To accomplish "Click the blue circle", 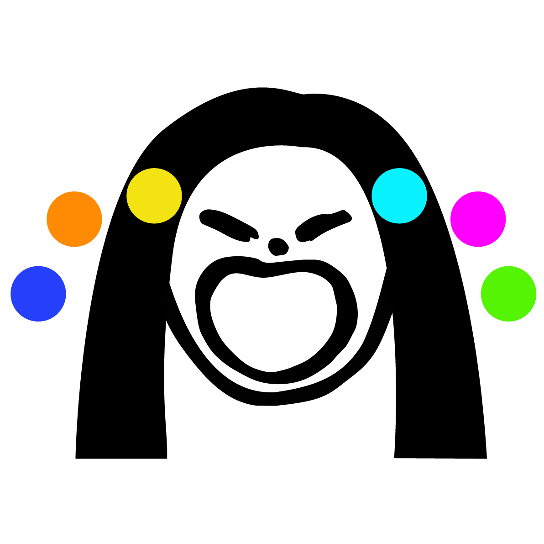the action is (38, 294).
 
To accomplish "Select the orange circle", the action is (74, 219).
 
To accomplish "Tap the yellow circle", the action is (154, 196).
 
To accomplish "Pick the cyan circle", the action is (399, 196).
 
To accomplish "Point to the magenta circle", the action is (478, 219).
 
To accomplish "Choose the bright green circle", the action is (508, 294).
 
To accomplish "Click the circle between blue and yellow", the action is (74, 219).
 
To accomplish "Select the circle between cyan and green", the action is (478, 219).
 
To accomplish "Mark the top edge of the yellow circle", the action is (154, 169).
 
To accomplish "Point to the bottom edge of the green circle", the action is (508, 321).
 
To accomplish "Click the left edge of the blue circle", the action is (11, 294).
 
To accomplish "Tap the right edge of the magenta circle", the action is (505, 219).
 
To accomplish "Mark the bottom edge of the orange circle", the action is (74, 246).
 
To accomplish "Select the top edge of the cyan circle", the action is (399, 169).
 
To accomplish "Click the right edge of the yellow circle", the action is (181, 196).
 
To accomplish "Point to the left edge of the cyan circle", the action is (372, 196).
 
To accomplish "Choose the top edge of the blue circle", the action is (38, 267).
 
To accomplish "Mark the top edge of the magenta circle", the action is (478, 192).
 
